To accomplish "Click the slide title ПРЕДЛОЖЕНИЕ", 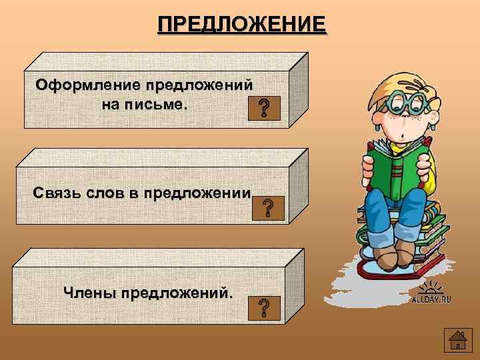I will [x=242, y=25].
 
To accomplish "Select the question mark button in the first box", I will [x=265, y=108].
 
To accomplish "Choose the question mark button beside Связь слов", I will [x=267, y=209].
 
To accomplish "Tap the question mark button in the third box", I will [x=264, y=307].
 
